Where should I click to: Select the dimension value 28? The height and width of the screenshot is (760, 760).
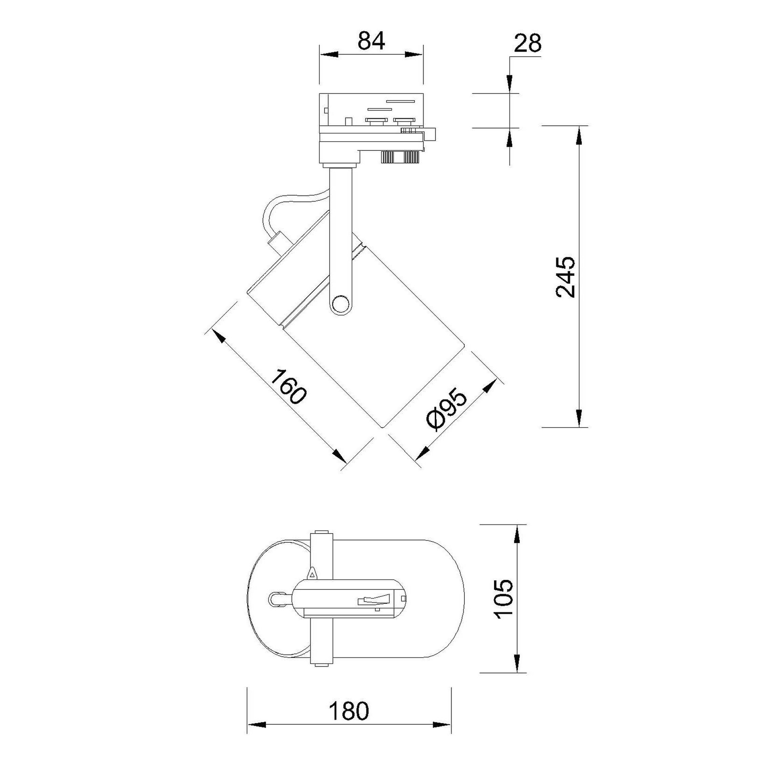527,43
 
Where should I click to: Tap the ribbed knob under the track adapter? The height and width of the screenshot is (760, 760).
399,157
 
